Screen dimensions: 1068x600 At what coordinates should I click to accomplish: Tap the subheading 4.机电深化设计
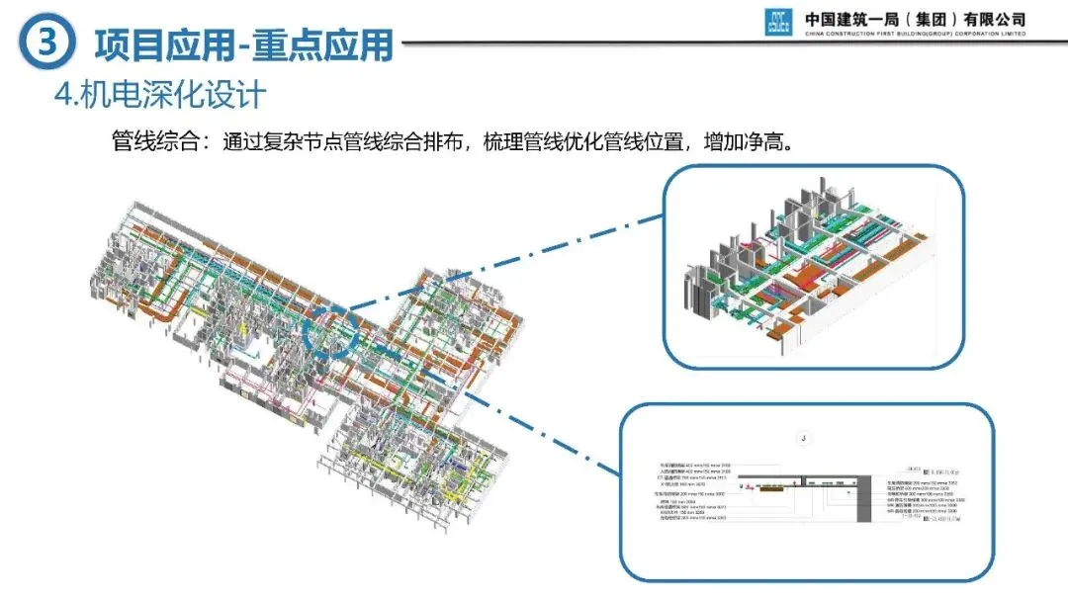point(161,96)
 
